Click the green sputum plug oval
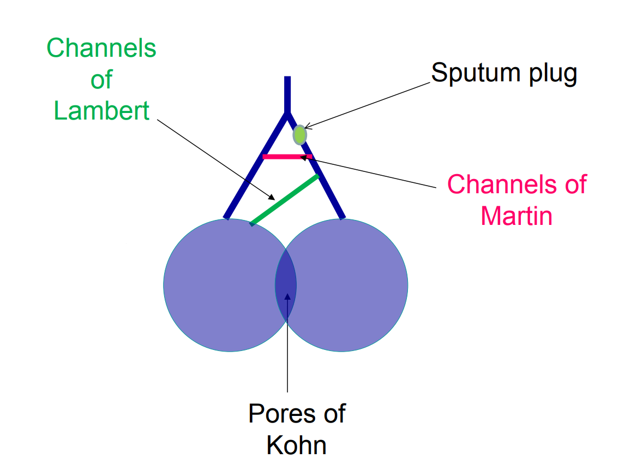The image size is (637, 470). click(x=299, y=134)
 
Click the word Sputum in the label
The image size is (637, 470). click(x=469, y=73)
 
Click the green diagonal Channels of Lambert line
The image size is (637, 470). click(x=284, y=200)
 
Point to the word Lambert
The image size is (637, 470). click(x=101, y=111)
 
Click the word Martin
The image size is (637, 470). click(x=516, y=216)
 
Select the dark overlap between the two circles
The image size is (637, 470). click(x=286, y=284)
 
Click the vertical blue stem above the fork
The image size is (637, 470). click(x=287, y=93)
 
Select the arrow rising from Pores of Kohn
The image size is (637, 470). click(x=287, y=349)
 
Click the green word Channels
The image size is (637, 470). click(x=101, y=49)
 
